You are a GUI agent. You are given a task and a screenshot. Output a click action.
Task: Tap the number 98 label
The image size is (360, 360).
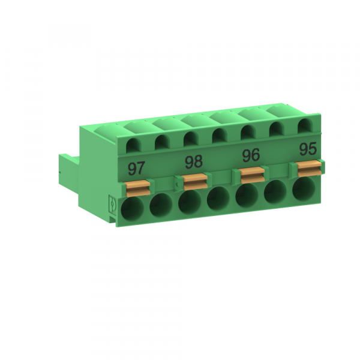point(193,161)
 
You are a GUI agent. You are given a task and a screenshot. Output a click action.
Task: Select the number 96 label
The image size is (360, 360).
point(250,155)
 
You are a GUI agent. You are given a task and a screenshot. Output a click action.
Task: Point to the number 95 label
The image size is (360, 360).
point(308,148)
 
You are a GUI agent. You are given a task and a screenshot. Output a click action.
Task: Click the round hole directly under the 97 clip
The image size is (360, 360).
point(133,210)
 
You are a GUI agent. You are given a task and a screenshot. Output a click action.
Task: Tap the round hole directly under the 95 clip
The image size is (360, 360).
point(304,188)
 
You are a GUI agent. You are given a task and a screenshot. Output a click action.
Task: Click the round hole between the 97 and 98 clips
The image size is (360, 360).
point(161,207)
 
